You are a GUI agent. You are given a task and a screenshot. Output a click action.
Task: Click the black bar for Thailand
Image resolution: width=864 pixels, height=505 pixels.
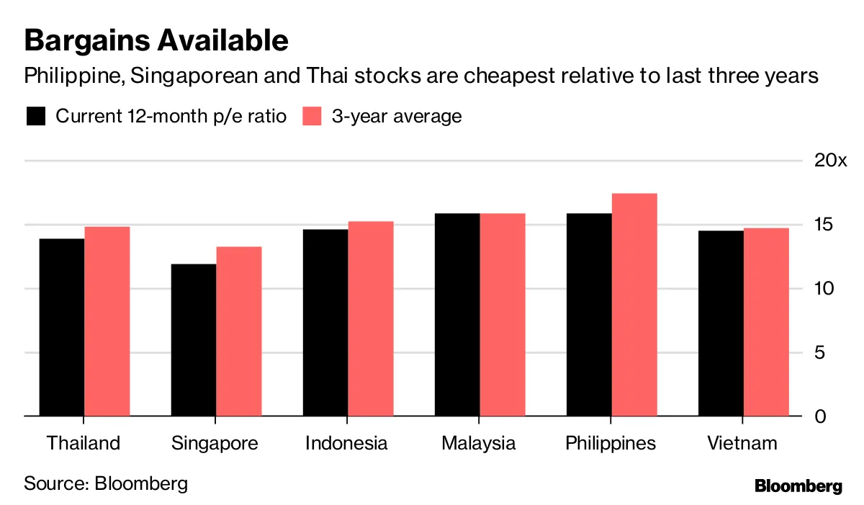pyautogui.click(x=62, y=328)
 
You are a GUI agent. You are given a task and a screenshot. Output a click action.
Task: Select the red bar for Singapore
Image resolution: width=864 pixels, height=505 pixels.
pyautogui.click(x=239, y=331)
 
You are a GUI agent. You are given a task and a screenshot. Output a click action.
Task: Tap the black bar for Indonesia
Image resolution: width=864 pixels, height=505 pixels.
pyautogui.click(x=325, y=323)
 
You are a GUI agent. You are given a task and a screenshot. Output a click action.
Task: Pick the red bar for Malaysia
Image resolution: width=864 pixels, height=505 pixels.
pyautogui.click(x=503, y=315)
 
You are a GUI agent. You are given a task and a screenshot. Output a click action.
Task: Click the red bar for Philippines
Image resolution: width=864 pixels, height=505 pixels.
pyautogui.click(x=634, y=305)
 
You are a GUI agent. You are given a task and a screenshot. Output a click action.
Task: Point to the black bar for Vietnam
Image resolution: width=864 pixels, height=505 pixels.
pyautogui.click(x=721, y=323)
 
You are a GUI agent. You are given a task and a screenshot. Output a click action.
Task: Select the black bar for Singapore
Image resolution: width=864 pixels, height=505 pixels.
pyautogui.click(x=194, y=340)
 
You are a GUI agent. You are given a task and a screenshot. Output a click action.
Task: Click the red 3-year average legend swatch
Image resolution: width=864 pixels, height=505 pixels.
pyautogui.click(x=312, y=116)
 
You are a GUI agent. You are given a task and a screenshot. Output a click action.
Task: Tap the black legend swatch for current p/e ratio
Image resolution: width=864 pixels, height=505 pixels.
pyautogui.click(x=36, y=116)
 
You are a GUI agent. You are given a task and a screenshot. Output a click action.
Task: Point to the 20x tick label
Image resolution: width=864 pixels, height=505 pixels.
pyautogui.click(x=830, y=161)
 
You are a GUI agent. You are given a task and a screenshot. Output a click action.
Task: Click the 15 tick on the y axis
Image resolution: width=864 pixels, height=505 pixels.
pyautogui.click(x=824, y=225)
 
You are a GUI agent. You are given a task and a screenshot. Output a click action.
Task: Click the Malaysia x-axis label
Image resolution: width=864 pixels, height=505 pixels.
pyautogui.click(x=479, y=442)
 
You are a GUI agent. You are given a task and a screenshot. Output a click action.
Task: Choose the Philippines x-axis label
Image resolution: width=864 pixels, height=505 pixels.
pyautogui.click(x=611, y=442)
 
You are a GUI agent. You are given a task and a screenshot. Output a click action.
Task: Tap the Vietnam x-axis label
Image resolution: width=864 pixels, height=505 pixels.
pyautogui.click(x=743, y=442)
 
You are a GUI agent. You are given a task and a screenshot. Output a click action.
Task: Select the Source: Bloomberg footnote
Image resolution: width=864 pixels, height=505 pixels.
pyautogui.click(x=106, y=483)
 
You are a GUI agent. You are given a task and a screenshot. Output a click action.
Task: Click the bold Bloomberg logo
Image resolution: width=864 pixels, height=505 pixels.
pyautogui.click(x=798, y=486)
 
